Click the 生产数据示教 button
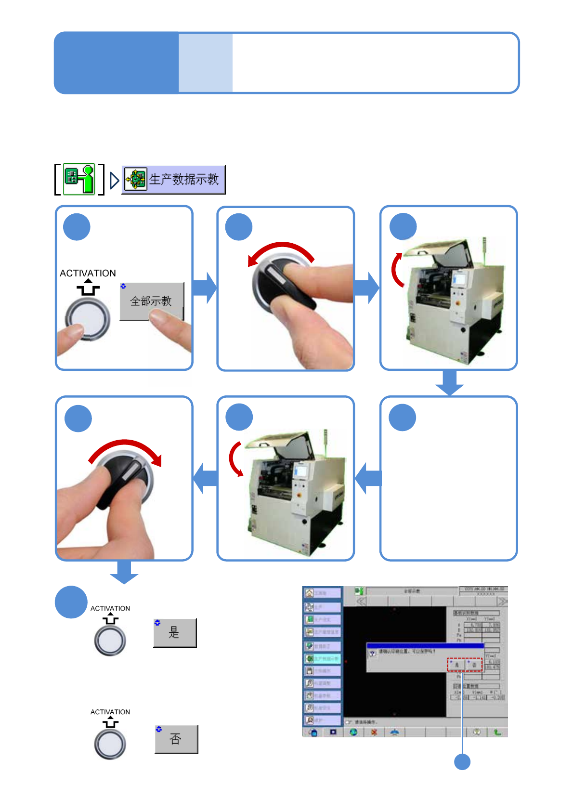point(174,180)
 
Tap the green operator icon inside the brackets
point(79,179)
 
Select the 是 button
point(175,632)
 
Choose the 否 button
point(176,739)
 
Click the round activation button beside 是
point(110,640)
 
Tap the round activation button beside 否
point(110,744)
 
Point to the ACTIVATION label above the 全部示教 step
point(88,273)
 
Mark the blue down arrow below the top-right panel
point(449,383)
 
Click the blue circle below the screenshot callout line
point(462,762)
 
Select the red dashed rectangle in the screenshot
point(465,665)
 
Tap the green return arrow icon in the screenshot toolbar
point(497,732)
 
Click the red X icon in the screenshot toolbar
point(374,732)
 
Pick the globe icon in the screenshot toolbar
point(353,732)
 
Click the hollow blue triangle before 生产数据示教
point(114,181)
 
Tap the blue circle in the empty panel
point(403,418)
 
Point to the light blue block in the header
point(206,63)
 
